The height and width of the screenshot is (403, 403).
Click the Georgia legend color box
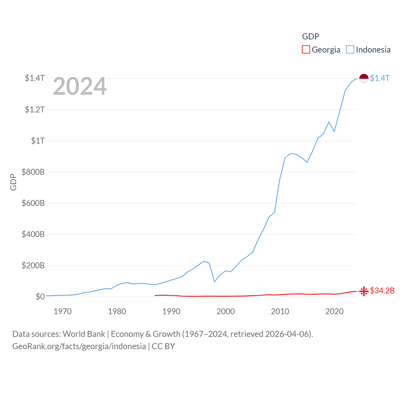306,50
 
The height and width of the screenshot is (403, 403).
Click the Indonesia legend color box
350,50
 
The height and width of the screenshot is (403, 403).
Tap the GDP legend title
310,37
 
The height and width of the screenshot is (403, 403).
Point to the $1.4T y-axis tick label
35,78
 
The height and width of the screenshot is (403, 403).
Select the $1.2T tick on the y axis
35,110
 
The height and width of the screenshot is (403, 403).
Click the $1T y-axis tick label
38,141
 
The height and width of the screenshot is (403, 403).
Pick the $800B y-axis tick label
33,172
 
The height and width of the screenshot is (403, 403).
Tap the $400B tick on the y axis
33,234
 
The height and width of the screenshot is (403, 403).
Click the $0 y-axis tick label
40,297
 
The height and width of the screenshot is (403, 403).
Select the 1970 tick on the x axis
63,312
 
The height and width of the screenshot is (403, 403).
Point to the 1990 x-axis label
171,312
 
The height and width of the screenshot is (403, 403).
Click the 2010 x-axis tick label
280,312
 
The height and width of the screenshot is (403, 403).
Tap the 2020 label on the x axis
334,312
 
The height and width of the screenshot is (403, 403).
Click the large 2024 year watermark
80,86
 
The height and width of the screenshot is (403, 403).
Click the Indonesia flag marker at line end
364,78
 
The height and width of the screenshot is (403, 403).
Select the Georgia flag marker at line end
364,291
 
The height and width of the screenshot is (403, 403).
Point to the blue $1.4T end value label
380,78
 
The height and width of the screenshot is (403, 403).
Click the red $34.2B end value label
382,291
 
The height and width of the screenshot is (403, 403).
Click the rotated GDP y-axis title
13,182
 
